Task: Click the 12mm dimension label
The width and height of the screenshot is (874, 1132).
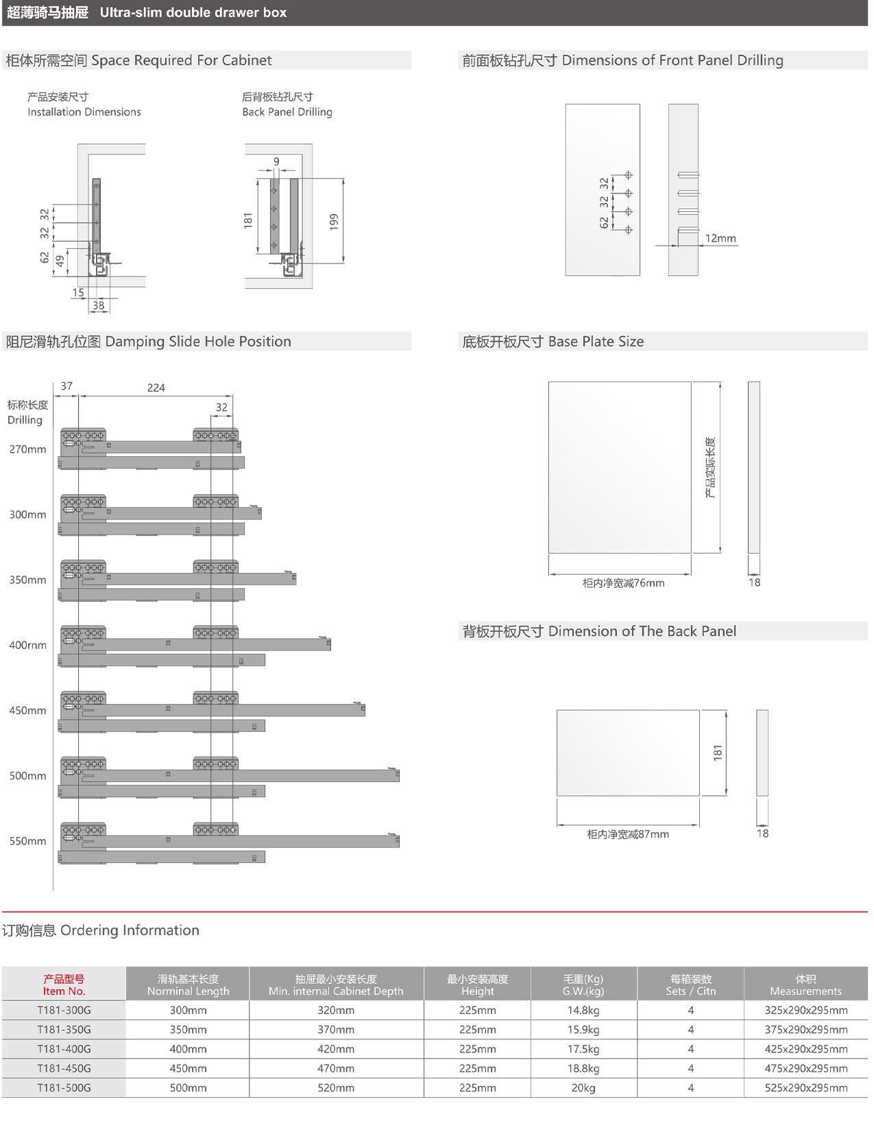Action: [x=720, y=238]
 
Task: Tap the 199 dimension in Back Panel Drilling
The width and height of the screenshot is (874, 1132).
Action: [x=334, y=222]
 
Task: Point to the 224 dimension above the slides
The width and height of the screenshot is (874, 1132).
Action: [x=156, y=388]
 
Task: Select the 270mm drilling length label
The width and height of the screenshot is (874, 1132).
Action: [x=28, y=449]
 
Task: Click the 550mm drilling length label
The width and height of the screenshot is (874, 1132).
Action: [x=28, y=841]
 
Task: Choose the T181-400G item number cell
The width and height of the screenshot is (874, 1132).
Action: [x=64, y=1049]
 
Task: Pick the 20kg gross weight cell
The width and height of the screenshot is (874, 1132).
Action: [x=583, y=1088]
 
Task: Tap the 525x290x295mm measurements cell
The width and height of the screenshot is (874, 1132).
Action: [x=806, y=1088]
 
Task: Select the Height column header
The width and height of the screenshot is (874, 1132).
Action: [x=477, y=985]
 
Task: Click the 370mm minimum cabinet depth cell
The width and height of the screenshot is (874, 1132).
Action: [x=336, y=1030]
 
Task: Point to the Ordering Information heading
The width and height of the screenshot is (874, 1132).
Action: [x=101, y=930]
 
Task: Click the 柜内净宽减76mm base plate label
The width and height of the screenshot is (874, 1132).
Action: [x=623, y=583]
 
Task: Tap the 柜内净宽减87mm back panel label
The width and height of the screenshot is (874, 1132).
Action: [x=628, y=834]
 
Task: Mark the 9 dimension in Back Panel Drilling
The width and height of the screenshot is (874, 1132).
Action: [x=276, y=162]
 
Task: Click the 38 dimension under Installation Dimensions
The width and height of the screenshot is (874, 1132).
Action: [x=99, y=305]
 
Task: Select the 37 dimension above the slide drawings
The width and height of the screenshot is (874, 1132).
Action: [x=66, y=386]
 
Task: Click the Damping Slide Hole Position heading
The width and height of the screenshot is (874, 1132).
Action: [x=149, y=342]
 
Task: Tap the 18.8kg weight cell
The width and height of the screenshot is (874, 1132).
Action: [x=583, y=1068]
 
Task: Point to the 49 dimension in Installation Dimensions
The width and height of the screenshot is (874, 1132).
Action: [x=60, y=261]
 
